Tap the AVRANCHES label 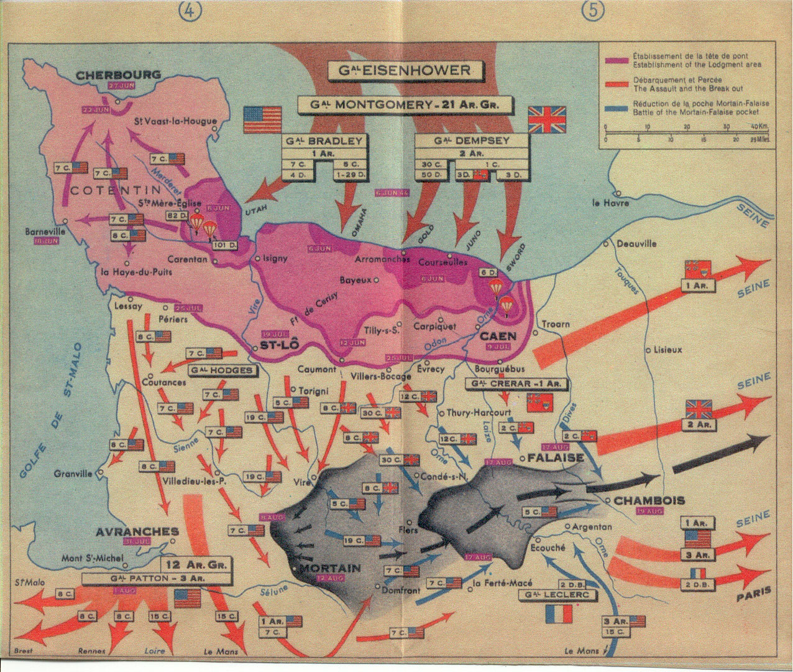pos(137,532)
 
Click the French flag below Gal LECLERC pos(557,613)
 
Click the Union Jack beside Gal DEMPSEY pos(547,118)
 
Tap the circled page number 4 pos(188,11)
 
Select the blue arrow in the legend pos(615,108)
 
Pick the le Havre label pos(612,203)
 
